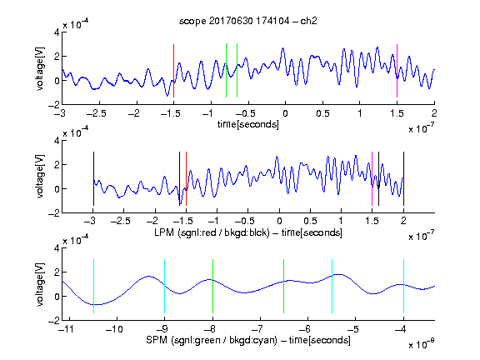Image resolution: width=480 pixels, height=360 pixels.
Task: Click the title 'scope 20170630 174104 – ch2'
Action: pos(247,21)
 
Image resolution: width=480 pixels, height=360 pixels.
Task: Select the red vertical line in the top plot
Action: pos(173,71)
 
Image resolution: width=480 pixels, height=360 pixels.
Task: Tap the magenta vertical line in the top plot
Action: pos(397,71)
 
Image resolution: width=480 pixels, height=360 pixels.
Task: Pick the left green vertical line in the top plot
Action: pos(226,71)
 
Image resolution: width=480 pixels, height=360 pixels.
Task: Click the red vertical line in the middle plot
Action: pos(186,179)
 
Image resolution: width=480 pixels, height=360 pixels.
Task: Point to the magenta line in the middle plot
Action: pos(372,179)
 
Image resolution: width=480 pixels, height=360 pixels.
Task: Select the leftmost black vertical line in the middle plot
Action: pos(93,179)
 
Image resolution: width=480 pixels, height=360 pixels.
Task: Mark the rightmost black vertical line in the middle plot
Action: pos(403,179)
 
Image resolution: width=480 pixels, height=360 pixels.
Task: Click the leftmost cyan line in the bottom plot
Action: pos(93,286)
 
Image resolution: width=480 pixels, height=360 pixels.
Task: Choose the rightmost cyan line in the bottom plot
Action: pos(403,286)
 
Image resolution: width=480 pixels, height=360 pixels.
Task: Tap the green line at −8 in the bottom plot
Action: pos(212,286)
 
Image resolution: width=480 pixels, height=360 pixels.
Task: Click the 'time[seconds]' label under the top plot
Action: pos(248,124)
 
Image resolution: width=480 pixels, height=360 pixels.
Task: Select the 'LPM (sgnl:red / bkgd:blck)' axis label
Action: pos(212,232)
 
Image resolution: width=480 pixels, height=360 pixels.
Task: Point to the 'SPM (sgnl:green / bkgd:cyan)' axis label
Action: pos(212,340)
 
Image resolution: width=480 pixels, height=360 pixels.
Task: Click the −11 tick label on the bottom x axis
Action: pos(67,329)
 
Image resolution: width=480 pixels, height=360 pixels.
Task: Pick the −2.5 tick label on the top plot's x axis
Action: pos(96,113)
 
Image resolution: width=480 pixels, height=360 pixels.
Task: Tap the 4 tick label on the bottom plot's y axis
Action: pos(57,248)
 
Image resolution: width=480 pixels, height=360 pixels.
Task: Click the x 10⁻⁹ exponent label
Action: pos(421,344)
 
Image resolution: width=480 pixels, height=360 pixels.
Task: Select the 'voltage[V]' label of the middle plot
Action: pos(40,177)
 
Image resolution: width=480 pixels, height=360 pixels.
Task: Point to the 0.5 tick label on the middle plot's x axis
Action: pos(310,221)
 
